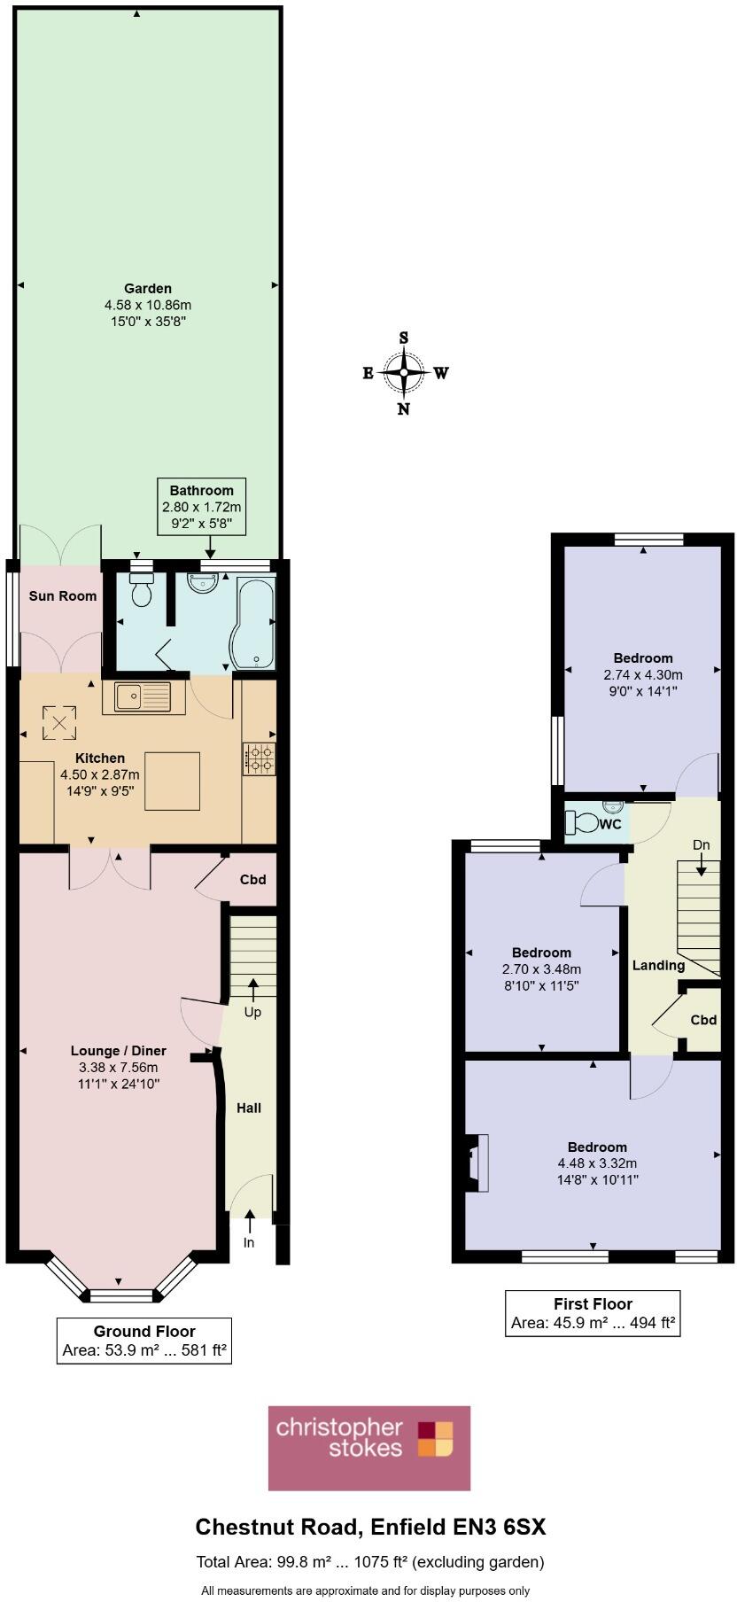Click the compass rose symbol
click(404, 373)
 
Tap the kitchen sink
click(143, 696)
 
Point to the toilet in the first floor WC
click(586, 823)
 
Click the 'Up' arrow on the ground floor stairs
click(253, 987)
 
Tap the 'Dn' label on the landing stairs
click(701, 845)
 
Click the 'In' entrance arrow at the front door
click(249, 1220)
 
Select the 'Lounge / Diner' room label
click(119, 1051)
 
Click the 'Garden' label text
click(148, 288)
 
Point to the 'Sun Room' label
click(63, 595)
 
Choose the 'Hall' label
click(249, 1108)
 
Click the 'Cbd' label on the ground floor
click(253, 880)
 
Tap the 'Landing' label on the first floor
click(658, 966)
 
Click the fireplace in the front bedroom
click(474, 1162)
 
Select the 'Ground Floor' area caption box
click(144, 1341)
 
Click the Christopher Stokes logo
click(369, 1448)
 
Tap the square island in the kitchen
click(172, 780)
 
